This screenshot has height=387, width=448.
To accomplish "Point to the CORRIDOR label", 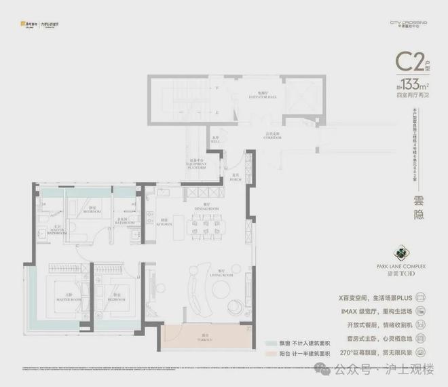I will (272, 136).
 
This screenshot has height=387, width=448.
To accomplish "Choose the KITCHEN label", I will (165, 222).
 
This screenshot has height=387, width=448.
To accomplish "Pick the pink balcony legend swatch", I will (270, 354).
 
